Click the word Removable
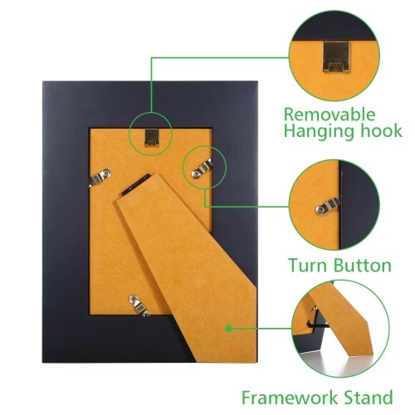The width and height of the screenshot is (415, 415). tap(330, 115)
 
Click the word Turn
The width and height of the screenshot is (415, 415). tap(308, 265)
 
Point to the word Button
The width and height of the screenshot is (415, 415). tap(363, 265)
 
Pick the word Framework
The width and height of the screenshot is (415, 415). tap(290, 398)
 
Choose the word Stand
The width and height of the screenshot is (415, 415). tap(368, 398)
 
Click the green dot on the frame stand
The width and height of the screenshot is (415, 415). tap(228, 329)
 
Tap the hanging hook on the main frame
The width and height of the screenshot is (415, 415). tap(151, 137)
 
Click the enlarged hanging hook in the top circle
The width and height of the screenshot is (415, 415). tap(335, 56)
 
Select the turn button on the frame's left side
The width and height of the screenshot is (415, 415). tap(100, 177)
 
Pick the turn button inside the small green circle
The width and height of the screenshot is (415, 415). tap(202, 168)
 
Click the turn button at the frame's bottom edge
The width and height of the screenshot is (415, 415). tap(139, 305)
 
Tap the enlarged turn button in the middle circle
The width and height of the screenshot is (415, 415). tap(328, 206)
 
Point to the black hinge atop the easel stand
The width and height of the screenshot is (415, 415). tap(136, 184)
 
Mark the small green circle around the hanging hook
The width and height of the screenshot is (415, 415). tap(151, 112)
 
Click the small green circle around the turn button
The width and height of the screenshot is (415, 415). tap(205, 146)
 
